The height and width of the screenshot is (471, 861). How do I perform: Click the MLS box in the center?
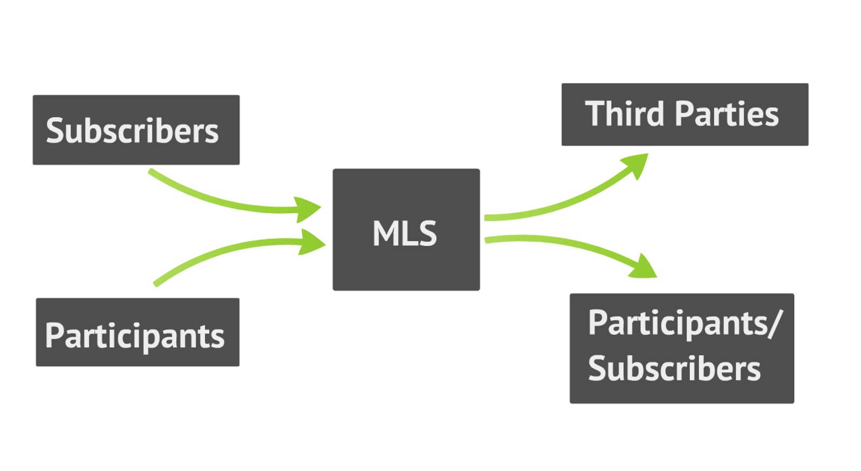pyautogui.click(x=406, y=230)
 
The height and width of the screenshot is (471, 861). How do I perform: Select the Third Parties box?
pyautogui.click(x=684, y=114)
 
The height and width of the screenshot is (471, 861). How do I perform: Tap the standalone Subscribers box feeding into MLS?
pyautogui.click(x=136, y=130)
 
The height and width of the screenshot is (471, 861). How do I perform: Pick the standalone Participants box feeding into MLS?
pyautogui.click(x=137, y=332)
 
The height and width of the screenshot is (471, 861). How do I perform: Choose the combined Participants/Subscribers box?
pyautogui.click(x=681, y=348)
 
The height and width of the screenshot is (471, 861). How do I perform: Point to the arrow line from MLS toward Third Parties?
pyautogui.click(x=560, y=205)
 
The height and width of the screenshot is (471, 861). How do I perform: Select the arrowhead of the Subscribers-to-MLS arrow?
pyautogui.click(x=309, y=209)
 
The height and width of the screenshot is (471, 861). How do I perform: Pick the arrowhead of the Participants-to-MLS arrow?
pyautogui.click(x=313, y=243)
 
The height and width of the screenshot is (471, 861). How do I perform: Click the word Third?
pyautogui.click(x=625, y=114)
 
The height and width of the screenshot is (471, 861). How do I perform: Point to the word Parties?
pyautogui.click(x=726, y=114)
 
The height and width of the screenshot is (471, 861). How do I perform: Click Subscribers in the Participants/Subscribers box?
pyautogui.click(x=674, y=369)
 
